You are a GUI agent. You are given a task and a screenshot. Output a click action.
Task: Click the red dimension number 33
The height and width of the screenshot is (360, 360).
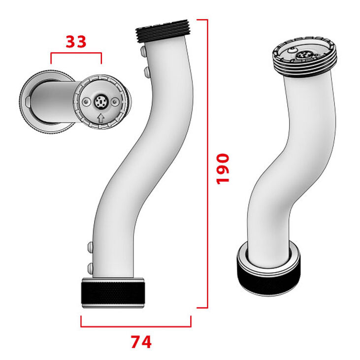click(76, 42)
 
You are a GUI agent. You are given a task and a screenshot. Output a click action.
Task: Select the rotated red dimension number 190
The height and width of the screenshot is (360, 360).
click(223, 168)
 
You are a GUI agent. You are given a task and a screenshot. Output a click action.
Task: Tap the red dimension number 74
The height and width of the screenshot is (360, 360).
click(141, 341)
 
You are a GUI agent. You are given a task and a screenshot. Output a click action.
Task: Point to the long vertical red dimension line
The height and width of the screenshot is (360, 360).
click(207, 163)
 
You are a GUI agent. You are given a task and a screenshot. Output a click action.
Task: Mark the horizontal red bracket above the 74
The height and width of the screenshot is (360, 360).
click(135, 326)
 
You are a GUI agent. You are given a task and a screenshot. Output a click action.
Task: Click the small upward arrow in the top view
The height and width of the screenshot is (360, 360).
click(101, 118)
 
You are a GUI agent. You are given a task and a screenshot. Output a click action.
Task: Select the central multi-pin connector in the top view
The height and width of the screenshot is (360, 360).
click(100, 102)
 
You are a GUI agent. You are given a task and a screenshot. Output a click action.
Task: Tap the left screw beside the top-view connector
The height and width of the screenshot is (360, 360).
click(87, 101)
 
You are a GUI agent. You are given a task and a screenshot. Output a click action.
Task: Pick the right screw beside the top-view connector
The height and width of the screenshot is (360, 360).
click(115, 101)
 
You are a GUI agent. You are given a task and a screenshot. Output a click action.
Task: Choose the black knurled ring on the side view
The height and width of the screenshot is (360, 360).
click(113, 294)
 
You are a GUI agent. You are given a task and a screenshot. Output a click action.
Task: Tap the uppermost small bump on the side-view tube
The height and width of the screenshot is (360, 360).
click(142, 51)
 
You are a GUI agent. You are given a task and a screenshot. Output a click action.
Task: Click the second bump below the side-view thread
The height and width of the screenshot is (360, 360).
click(146, 72)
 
